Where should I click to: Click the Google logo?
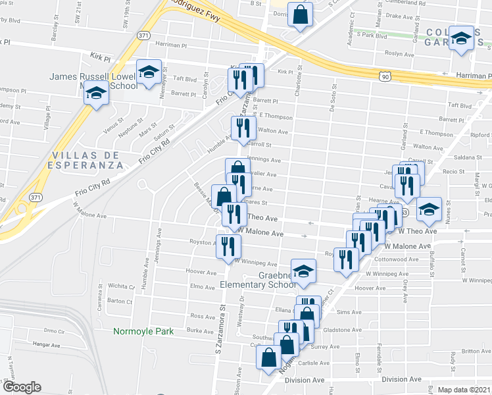coord(21,387)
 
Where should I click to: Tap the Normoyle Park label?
coord(143,331)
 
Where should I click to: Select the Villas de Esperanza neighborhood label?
coord(87,159)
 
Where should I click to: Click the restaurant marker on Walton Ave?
coord(243,128)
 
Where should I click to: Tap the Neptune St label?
coord(134,125)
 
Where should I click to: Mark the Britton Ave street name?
coord(476,351)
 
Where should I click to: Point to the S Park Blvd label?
coord(371,34)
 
